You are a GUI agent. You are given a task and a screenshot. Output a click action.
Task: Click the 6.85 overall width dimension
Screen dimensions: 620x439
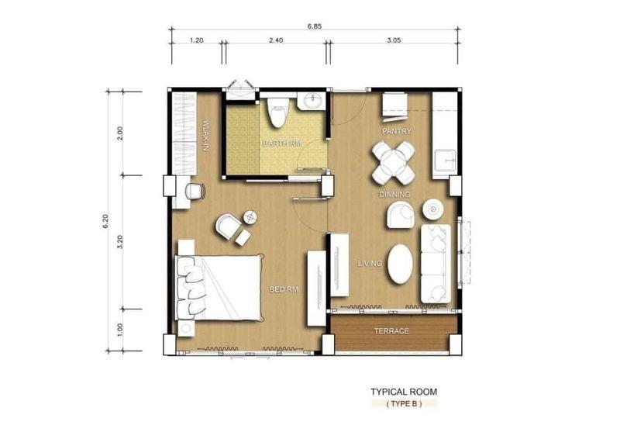tap(315, 26)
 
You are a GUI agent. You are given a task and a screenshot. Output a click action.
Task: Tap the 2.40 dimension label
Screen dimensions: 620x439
tap(276, 40)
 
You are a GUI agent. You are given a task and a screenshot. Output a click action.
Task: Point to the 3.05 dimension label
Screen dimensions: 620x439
tap(394, 40)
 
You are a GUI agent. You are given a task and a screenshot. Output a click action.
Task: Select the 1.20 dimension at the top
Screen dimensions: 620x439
tap(197, 40)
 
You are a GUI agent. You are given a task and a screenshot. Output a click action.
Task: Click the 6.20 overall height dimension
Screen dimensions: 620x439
tap(105, 221)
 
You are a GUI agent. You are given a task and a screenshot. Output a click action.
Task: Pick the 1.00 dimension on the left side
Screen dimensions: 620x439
tap(120, 330)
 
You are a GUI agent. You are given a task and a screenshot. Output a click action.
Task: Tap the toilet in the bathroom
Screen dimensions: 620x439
tap(277, 112)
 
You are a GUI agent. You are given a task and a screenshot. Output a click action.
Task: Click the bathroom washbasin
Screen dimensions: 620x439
tap(312, 101)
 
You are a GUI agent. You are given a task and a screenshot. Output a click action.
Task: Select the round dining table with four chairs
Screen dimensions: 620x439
tap(394, 163)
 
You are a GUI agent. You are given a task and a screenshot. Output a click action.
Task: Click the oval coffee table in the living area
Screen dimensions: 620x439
tap(400, 264)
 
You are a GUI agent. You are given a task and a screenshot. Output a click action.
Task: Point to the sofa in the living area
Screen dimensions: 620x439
tap(436, 264)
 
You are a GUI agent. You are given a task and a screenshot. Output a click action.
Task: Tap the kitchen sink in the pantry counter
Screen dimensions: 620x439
tap(444, 161)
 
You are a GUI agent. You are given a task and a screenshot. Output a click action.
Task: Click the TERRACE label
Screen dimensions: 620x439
tap(391, 331)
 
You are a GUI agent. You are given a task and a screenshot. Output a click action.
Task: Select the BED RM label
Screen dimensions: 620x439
tap(284, 290)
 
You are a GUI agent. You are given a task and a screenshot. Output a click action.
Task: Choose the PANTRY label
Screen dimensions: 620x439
tap(397, 131)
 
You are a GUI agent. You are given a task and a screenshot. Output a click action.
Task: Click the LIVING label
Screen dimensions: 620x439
tap(370, 264)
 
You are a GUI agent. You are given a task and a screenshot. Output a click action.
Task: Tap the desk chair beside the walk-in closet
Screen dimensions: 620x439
tap(195, 192)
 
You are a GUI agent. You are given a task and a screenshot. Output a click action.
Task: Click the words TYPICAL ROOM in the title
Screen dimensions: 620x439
tap(404, 392)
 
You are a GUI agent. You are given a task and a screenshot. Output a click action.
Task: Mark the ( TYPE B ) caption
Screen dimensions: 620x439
tap(404, 404)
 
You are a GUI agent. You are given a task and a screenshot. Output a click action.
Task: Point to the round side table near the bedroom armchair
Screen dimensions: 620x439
tap(250, 217)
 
